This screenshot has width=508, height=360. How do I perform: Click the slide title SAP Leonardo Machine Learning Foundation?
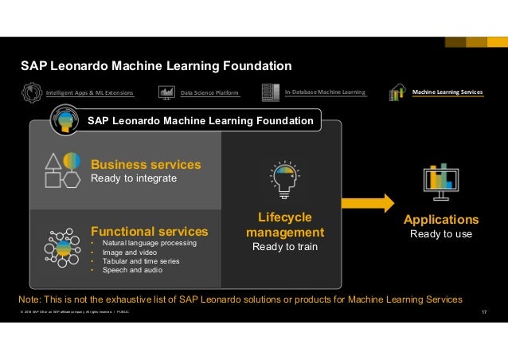coord(156,65)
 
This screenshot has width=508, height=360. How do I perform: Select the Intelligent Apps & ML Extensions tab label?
coord(89,93)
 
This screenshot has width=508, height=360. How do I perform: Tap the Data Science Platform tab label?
coord(209,93)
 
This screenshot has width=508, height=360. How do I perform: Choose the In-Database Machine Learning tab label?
coord(325,92)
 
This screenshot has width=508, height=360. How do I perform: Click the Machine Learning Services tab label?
coord(447,92)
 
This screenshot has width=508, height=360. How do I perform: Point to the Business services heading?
coord(146,164)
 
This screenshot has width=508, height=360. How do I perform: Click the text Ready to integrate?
coord(133,178)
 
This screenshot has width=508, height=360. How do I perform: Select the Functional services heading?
coord(150,231)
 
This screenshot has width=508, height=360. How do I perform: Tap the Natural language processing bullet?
coord(143,243)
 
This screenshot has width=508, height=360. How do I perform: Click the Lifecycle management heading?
coord(285,225)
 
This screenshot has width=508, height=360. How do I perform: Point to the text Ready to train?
coord(285,247)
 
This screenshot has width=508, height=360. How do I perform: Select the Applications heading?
coord(441,220)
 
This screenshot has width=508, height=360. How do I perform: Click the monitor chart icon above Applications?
coord(440,182)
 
